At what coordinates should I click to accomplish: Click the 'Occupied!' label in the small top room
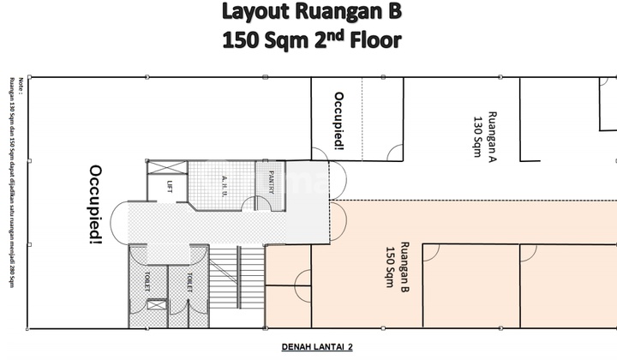point(339,122)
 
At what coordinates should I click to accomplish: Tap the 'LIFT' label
point(169,186)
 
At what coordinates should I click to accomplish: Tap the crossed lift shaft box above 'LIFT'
point(167,168)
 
